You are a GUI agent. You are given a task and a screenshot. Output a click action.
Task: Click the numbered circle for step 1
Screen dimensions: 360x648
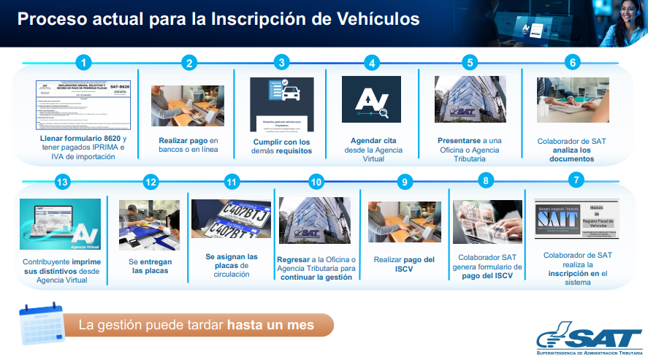point(85,62)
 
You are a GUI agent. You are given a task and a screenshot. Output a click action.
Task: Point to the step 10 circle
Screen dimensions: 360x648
point(316,182)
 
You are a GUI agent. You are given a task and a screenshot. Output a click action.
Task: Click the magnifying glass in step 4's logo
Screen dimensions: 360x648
point(383,111)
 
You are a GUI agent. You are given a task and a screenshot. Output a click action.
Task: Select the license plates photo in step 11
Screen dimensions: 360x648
point(231,218)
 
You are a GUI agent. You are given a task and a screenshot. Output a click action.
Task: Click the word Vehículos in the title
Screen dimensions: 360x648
point(373,19)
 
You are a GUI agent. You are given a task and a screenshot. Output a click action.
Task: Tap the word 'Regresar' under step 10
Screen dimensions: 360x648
point(296,258)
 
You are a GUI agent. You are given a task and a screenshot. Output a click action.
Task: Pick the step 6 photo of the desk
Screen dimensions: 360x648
point(573,100)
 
